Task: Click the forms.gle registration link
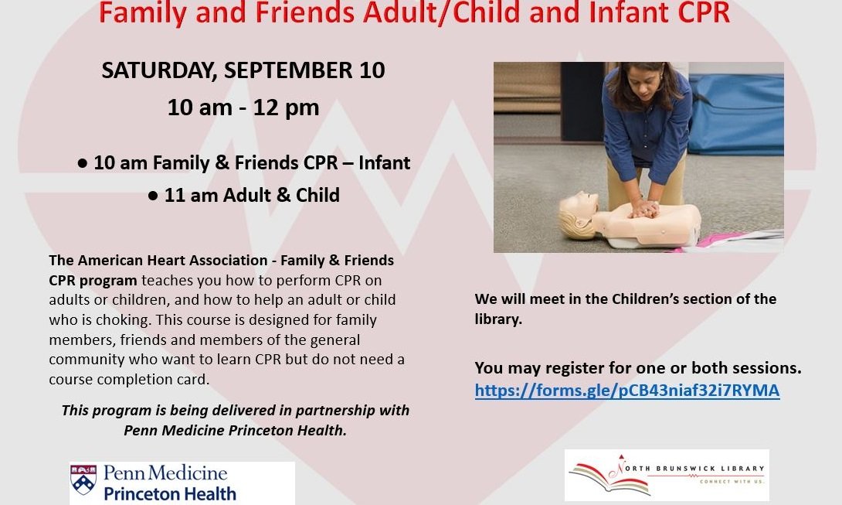(626, 391)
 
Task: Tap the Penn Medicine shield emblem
(83, 479)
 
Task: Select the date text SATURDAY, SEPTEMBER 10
(243, 70)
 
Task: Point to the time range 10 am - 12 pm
(243, 107)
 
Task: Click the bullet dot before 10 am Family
(82, 164)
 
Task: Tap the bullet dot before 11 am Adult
(153, 196)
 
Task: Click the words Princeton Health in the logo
(170, 493)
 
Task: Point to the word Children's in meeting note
(656, 299)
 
